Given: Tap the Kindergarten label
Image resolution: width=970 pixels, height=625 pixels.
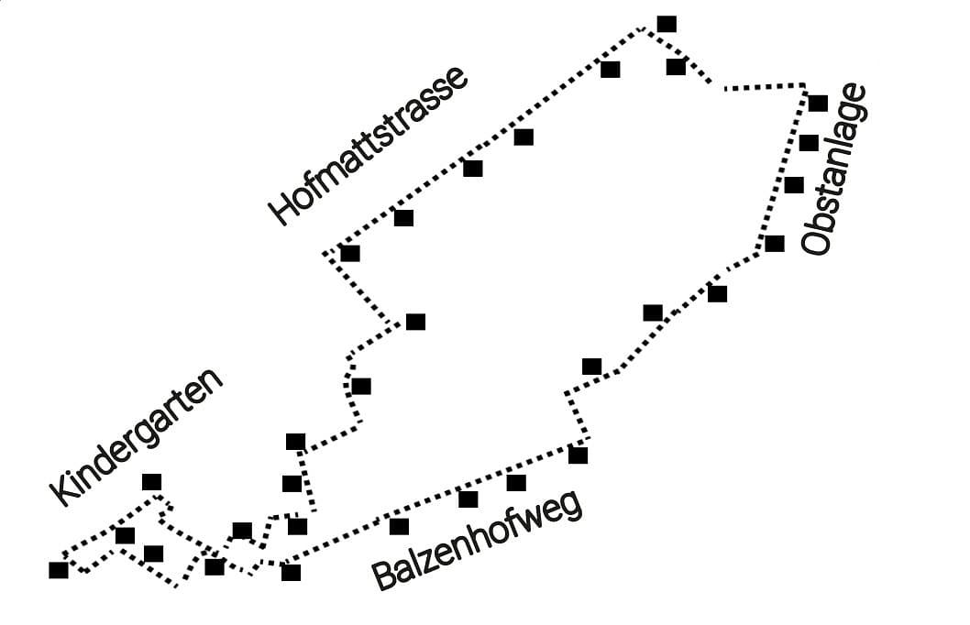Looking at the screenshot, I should click(x=138, y=436).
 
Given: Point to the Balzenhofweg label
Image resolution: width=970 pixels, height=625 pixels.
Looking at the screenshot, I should click(x=477, y=541).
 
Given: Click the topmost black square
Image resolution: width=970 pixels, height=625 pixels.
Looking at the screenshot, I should click(x=667, y=24).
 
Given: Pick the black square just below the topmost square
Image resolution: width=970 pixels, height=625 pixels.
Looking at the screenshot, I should click(x=676, y=66).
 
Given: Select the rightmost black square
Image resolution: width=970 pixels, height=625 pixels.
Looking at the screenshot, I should click(x=818, y=103).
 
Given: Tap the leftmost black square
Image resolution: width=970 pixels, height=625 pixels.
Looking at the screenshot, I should click(x=59, y=570).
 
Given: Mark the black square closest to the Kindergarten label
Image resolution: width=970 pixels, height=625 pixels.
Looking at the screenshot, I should click(x=152, y=482).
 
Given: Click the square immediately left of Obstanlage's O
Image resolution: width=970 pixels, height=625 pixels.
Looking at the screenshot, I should click(x=775, y=243).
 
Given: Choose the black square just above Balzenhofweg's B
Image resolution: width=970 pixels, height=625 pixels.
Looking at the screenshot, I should click(x=399, y=526).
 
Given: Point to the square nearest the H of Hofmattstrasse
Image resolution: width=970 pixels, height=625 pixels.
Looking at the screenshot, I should click(x=350, y=253).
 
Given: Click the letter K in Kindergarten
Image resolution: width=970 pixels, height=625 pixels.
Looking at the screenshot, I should click(x=61, y=492).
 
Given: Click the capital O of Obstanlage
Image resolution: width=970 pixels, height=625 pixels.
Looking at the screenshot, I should click(x=815, y=241).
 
